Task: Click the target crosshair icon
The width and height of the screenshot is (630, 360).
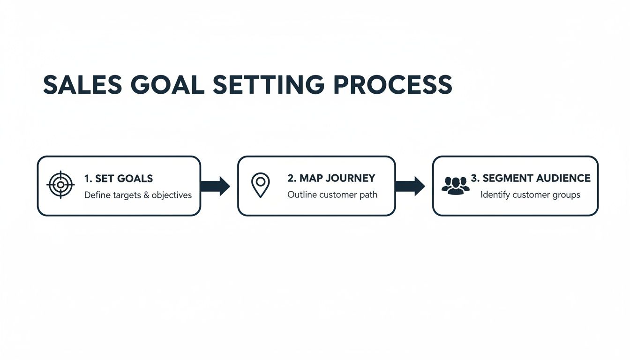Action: [60, 185]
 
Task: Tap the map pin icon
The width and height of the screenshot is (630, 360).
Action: [260, 185]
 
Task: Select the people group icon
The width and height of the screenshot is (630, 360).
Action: [455, 186]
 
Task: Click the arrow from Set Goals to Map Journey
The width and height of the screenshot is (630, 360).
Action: [215, 186]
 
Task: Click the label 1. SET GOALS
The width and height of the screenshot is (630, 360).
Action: [119, 179]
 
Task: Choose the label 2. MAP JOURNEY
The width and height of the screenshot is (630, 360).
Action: [331, 178]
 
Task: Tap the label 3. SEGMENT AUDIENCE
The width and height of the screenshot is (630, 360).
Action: [530, 178]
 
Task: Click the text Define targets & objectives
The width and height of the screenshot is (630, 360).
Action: [138, 195]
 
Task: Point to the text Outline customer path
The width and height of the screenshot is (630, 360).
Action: [332, 195]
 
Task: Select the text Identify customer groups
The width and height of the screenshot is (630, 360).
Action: [530, 195]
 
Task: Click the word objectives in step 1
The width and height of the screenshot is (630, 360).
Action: [172, 195]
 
